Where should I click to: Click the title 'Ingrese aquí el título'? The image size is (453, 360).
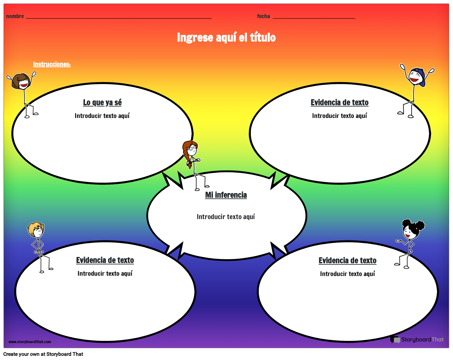[226, 38]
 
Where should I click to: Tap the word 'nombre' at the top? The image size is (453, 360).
[15, 16]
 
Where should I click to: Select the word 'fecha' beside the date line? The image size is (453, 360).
[263, 16]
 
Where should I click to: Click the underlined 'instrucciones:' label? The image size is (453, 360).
[52, 64]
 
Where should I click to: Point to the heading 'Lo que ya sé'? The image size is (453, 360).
[102, 102]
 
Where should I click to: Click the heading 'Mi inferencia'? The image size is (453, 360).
[226, 195]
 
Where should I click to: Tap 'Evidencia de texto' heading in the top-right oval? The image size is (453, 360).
[340, 102]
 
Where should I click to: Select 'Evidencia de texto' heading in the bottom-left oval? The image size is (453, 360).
[105, 260]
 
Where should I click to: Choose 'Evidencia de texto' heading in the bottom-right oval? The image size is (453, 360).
[347, 260]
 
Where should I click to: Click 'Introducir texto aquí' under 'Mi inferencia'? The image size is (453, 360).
[226, 217]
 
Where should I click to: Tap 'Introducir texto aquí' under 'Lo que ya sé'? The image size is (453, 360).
[102, 116]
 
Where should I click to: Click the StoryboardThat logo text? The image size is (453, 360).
[422, 340]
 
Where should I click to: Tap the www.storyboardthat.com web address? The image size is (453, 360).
[30, 342]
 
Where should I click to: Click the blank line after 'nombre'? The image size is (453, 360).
[119, 18]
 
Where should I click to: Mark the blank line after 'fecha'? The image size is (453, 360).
[314, 18]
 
